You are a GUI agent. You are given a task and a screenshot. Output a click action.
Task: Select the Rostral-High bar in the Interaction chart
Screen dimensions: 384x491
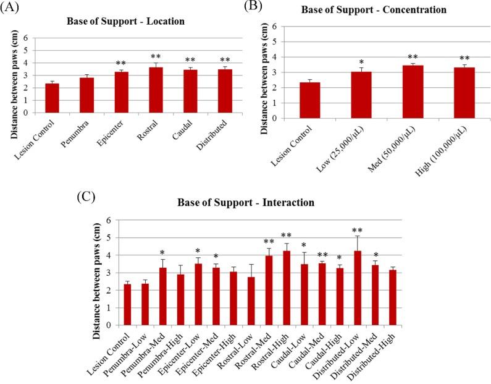287,288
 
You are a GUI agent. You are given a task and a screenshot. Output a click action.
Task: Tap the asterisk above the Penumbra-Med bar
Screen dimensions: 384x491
162,253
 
